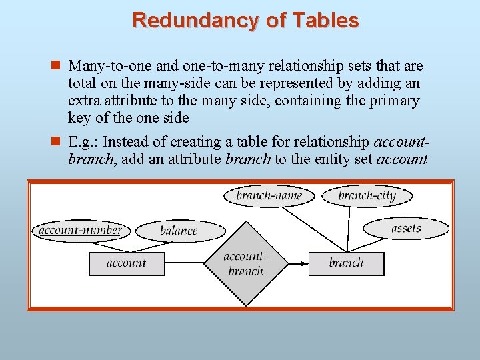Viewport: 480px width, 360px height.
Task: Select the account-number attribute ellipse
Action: (80, 231)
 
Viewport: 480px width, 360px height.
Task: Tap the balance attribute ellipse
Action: (179, 231)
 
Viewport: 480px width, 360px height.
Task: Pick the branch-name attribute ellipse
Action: (269, 195)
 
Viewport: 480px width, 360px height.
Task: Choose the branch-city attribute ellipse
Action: (367, 195)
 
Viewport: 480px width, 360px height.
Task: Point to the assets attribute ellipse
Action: (405, 229)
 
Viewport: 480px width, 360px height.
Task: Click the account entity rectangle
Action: (126, 263)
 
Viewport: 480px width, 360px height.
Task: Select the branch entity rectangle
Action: (346, 263)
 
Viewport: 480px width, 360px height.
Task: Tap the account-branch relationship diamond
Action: (245, 263)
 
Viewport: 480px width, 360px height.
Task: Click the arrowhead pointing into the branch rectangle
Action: (304, 263)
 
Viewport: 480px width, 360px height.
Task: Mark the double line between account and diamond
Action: (183, 263)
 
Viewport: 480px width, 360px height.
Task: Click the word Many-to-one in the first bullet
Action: (102, 66)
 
